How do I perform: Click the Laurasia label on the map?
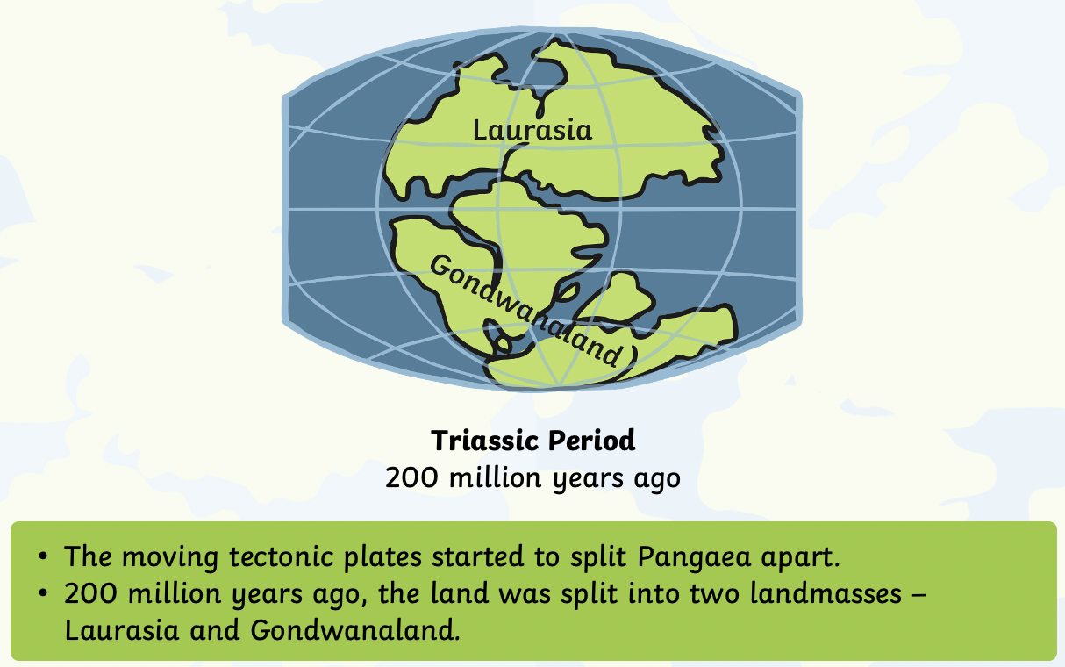[x=532, y=131]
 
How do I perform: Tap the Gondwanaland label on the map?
[x=526, y=310]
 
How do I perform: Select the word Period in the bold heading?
[x=591, y=440]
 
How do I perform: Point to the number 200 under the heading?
[x=411, y=477]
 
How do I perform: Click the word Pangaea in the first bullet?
[x=694, y=557]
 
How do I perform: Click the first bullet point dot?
[x=43, y=556]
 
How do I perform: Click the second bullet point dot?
[x=43, y=593]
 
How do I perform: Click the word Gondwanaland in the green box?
[x=355, y=630]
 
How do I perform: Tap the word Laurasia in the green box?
[x=122, y=630]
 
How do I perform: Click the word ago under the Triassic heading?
[x=657, y=479]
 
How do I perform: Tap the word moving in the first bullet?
[x=170, y=557]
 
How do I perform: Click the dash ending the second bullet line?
[x=920, y=595]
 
